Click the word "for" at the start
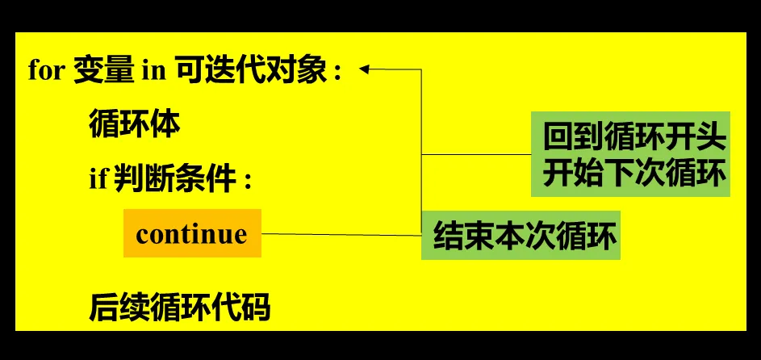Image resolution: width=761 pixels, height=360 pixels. point(46,71)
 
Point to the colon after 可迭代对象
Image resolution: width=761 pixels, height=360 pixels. point(339,73)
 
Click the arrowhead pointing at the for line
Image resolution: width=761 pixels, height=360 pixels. point(365,69)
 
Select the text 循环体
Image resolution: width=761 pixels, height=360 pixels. point(134,125)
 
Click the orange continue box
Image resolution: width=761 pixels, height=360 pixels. point(192,233)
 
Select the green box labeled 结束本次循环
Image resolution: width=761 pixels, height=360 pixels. point(521,236)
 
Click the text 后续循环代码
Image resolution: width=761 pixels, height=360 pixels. point(179,307)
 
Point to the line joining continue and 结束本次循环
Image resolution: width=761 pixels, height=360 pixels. point(339,234)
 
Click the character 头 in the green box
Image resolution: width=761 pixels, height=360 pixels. point(712,137)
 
